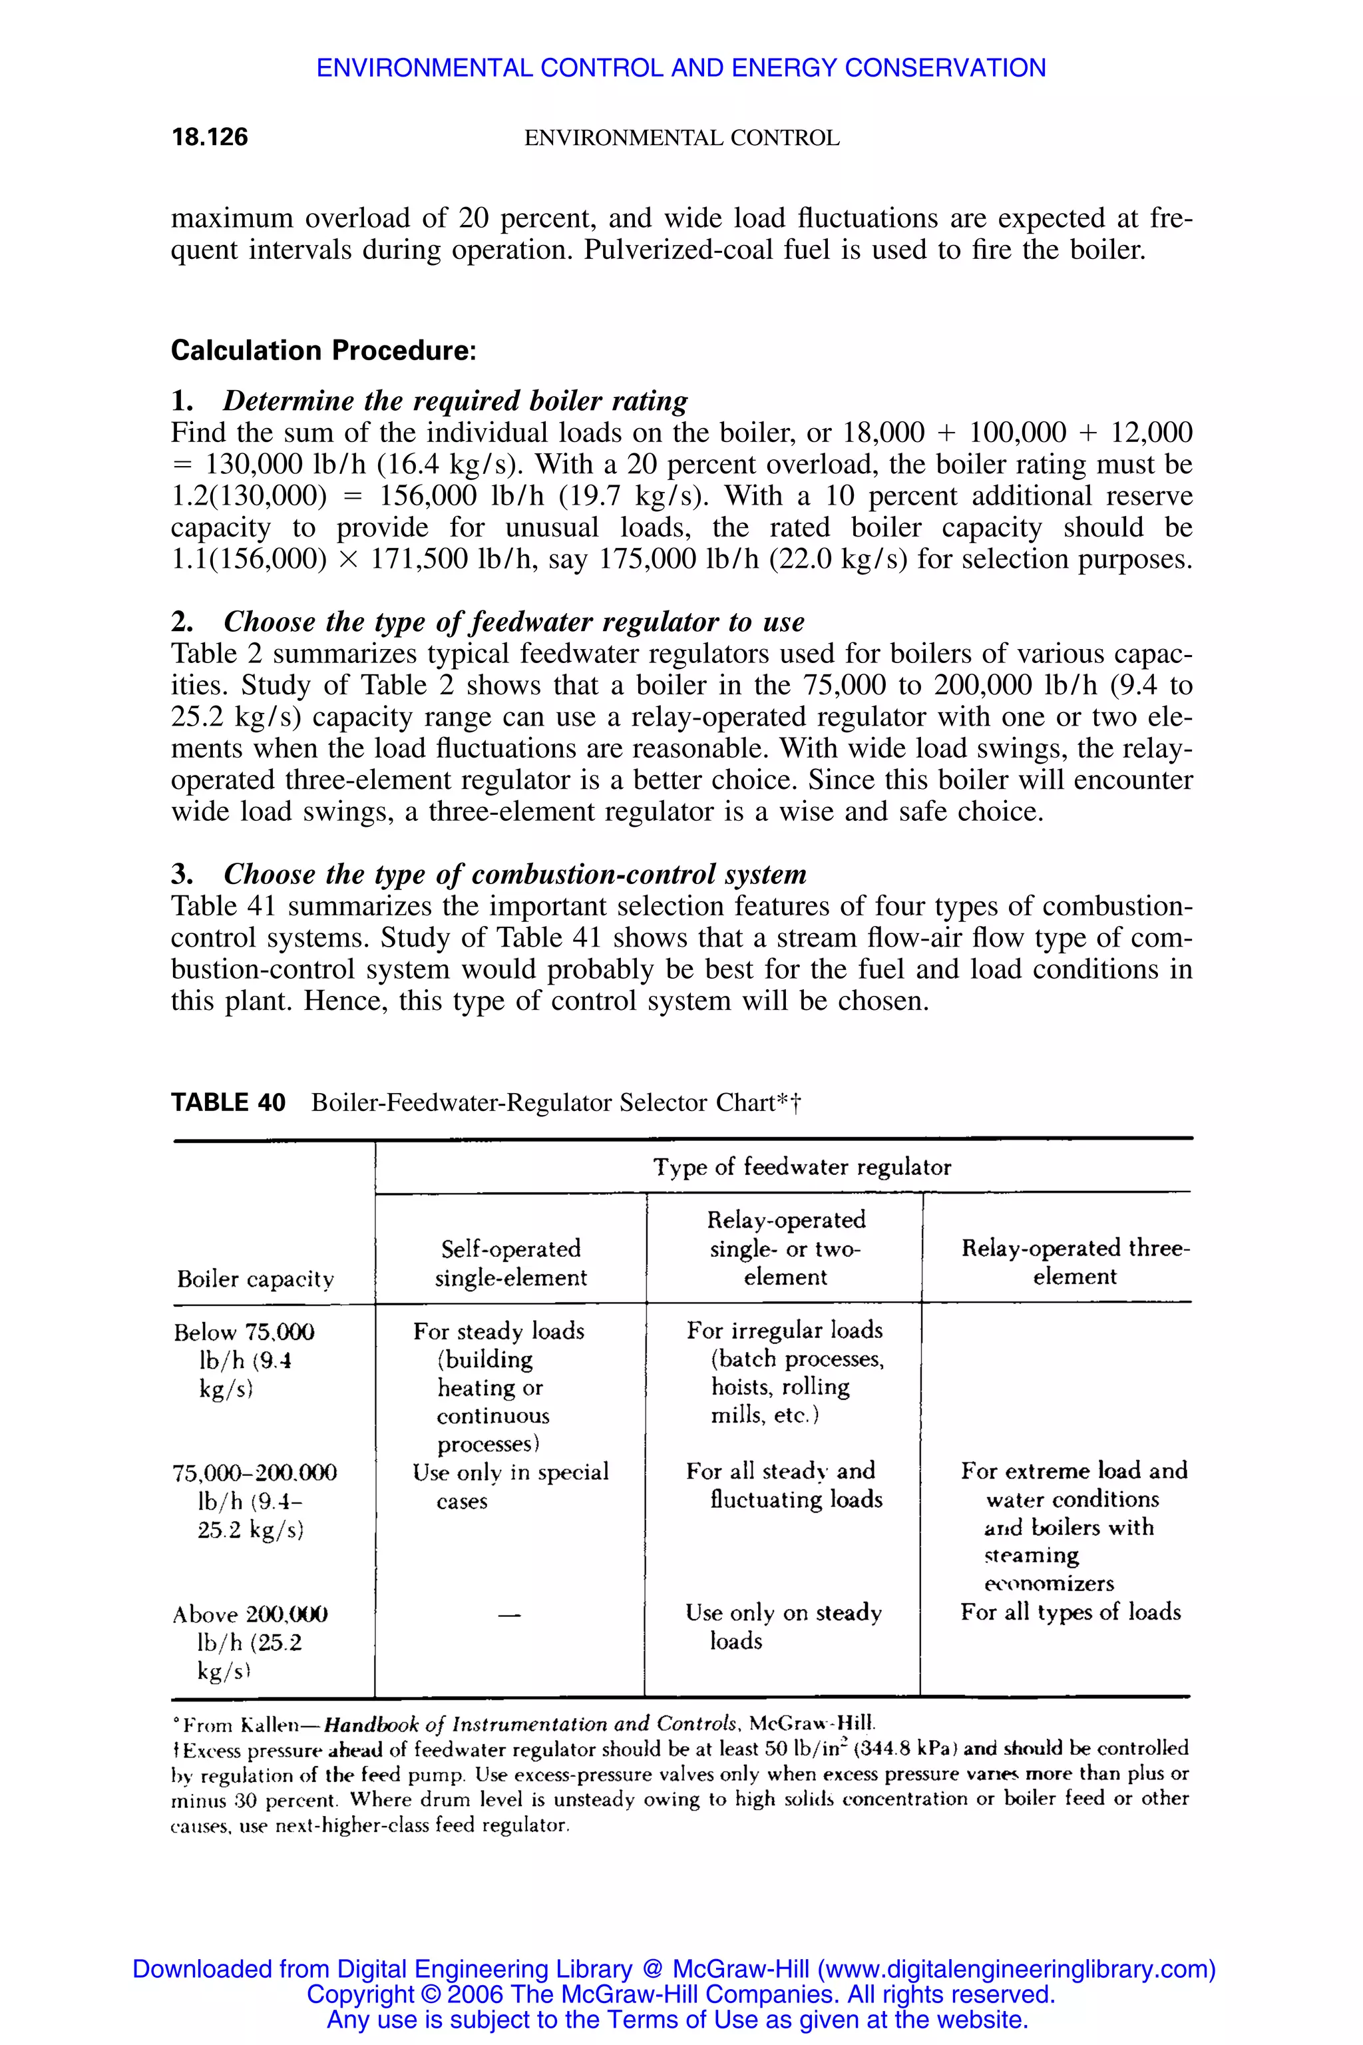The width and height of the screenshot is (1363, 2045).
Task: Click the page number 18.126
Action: coord(210,137)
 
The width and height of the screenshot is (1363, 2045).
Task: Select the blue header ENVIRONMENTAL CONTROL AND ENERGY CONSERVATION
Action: coord(681,68)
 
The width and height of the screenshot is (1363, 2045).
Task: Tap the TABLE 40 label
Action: coord(228,1102)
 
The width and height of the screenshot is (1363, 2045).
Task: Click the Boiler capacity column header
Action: coord(255,1278)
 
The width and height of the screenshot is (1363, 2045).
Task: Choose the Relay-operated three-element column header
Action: coord(1075,1261)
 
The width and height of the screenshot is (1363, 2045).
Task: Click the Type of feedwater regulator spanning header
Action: coord(801,1167)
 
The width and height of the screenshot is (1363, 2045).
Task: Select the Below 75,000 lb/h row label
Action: coord(244,1360)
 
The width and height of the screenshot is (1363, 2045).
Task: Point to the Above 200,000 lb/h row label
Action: coord(250,1642)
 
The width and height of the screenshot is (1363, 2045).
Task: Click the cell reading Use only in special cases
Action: coord(510,1486)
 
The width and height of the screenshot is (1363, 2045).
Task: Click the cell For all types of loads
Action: coord(1070,1612)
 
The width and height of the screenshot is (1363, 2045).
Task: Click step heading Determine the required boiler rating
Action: coord(455,401)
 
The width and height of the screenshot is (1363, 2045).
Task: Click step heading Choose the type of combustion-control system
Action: coord(514,874)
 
